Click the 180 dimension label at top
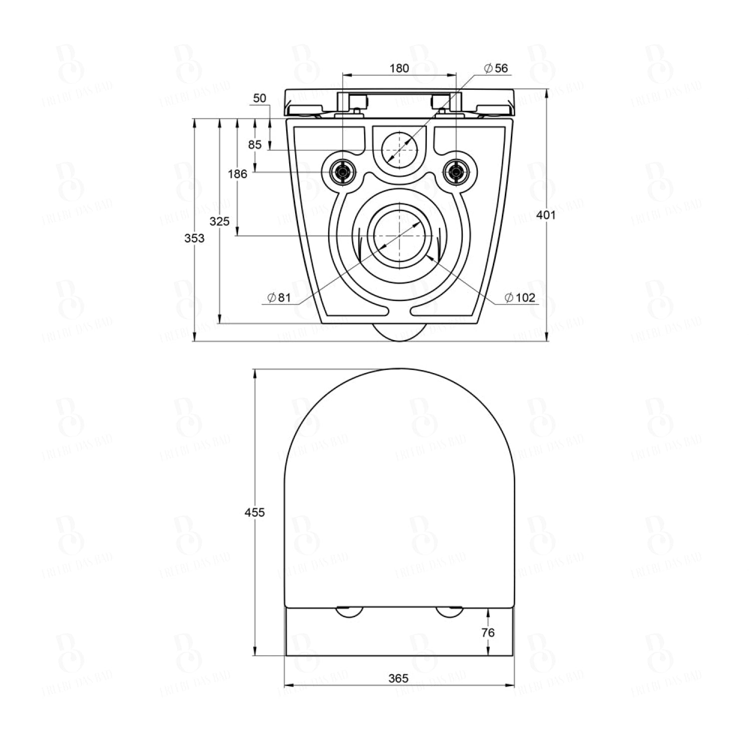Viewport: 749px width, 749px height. (399, 68)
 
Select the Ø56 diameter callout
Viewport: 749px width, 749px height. (496, 68)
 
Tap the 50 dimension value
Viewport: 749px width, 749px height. (260, 98)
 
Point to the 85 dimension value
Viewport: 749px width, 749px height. (255, 145)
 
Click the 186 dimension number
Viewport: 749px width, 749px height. (237, 174)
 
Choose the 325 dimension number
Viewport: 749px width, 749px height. (219, 221)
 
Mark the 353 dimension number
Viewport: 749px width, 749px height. (194, 238)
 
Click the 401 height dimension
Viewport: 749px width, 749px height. (546, 215)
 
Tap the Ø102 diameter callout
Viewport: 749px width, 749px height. (520, 298)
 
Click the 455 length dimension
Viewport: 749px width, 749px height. (255, 512)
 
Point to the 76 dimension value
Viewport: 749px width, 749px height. (488, 632)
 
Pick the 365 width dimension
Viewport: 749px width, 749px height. (398, 678)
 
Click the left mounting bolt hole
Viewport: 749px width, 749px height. (343, 172)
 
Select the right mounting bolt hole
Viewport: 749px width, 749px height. (455, 172)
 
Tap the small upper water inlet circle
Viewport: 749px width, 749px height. (399, 149)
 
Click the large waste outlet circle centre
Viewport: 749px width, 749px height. (399, 236)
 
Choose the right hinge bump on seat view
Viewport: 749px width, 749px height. (449, 612)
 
